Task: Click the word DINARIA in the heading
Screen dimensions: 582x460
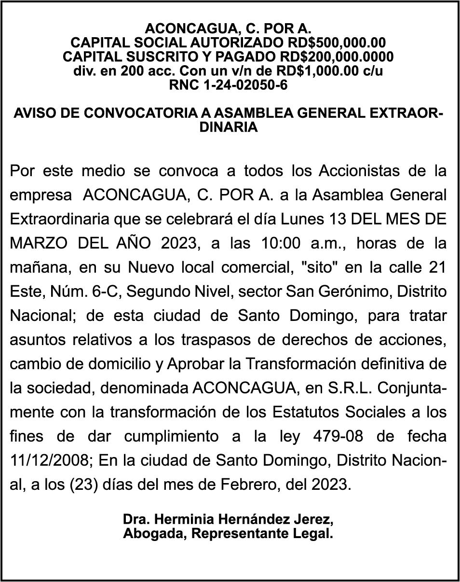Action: [x=230, y=127]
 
